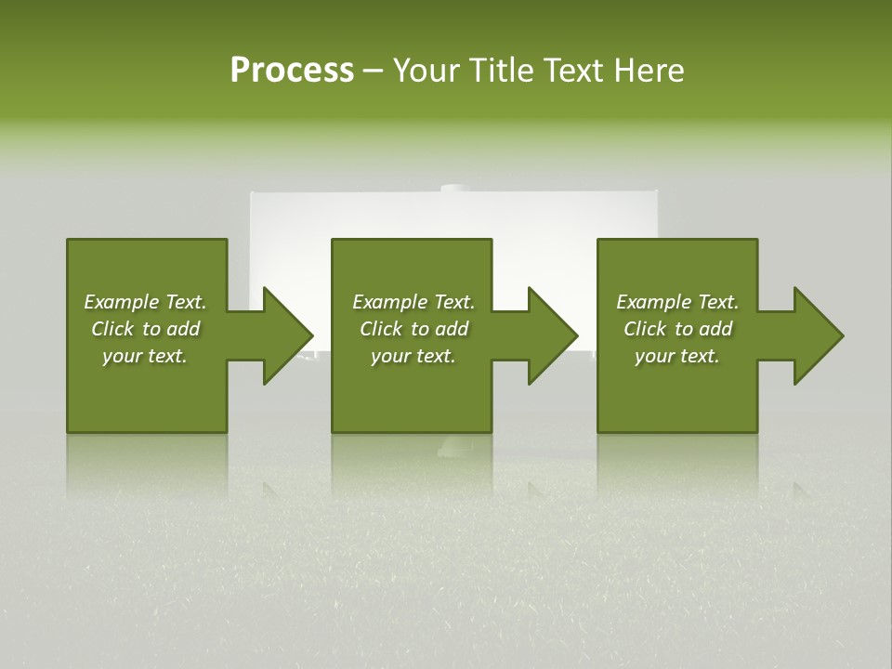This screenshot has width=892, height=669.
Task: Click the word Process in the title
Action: tap(292, 71)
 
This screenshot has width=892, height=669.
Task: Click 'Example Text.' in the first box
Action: tap(145, 302)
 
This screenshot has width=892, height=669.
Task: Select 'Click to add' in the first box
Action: tap(145, 329)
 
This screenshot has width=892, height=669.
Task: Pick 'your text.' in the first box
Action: tap(145, 356)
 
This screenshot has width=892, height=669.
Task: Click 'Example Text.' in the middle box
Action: tap(413, 302)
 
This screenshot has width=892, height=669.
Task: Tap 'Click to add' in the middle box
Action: tap(413, 329)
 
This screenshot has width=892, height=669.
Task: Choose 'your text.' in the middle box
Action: tap(413, 356)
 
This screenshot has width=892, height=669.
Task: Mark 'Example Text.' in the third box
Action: tap(677, 302)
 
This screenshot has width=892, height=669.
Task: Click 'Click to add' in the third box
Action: tap(677, 329)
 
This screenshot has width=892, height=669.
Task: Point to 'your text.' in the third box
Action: tap(677, 356)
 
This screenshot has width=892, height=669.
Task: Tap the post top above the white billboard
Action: tap(454, 189)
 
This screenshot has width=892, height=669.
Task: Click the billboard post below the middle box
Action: tap(454, 448)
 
